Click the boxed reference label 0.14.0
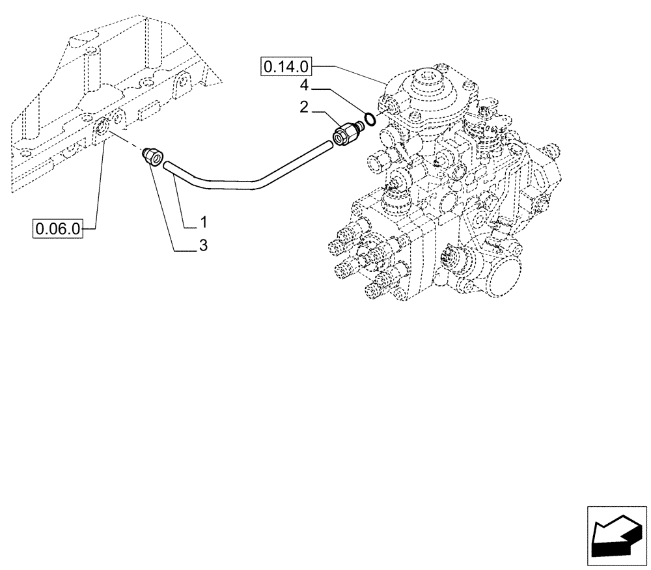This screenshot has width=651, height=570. point(287,66)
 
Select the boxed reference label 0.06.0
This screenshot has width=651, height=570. point(59,228)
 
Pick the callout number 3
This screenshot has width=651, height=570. point(203,246)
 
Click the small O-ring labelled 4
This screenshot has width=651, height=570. point(370,119)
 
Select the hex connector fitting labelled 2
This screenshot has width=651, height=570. point(344,135)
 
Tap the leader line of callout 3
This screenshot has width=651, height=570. point(166,208)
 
